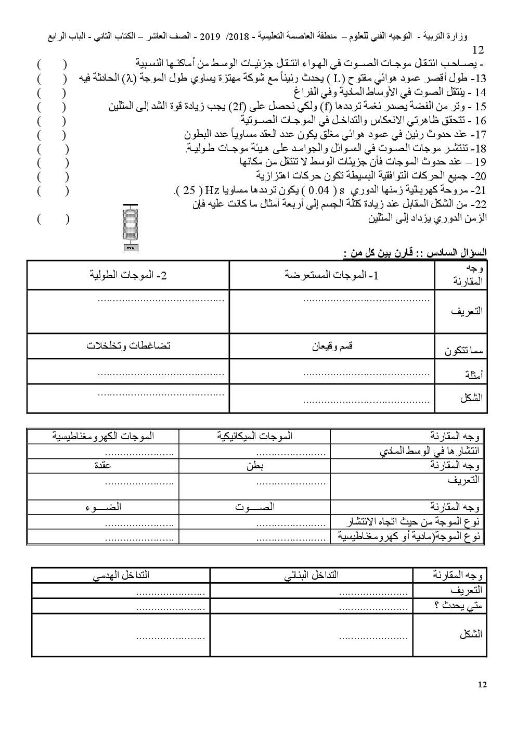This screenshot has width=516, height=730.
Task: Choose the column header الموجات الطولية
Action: [x=127, y=275]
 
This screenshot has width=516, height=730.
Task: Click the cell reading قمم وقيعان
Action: [x=332, y=346]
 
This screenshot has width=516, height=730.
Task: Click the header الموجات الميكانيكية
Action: [x=254, y=436]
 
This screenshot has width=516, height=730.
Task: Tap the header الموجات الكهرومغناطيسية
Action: [x=103, y=436]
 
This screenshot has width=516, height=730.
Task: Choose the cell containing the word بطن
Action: [x=255, y=465]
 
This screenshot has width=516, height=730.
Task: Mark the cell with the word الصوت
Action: [x=254, y=507]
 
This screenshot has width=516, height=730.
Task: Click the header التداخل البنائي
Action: [x=311, y=575]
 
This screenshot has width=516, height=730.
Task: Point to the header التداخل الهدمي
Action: [x=121, y=575]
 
